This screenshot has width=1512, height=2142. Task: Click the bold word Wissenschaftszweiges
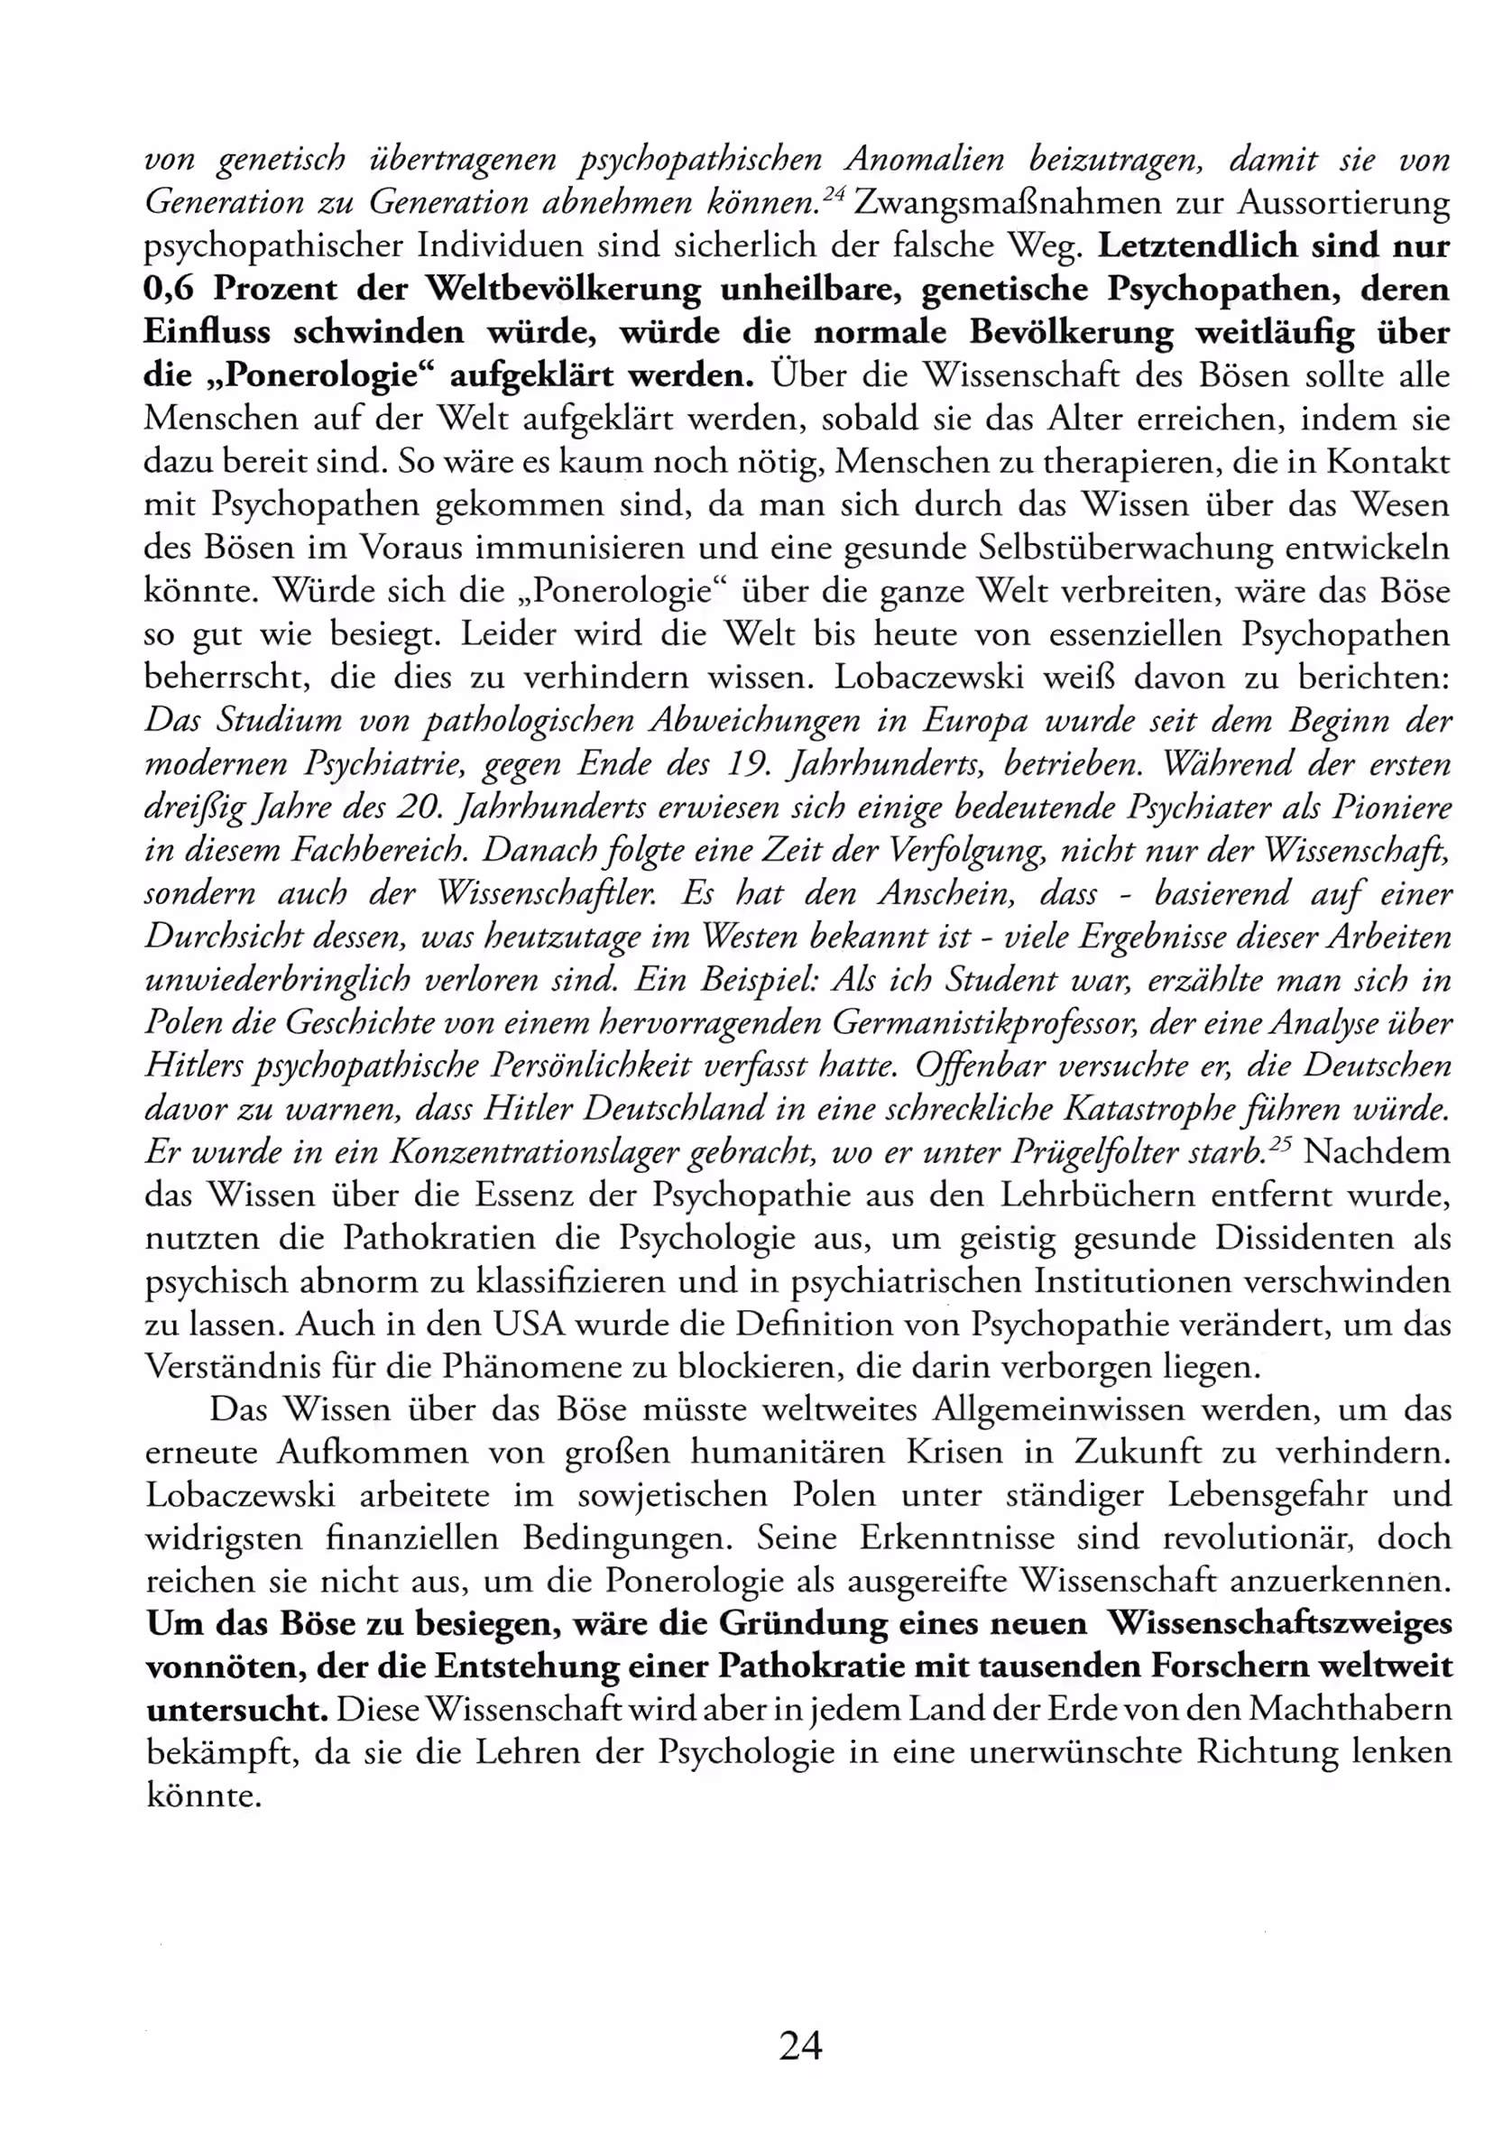(1279, 1624)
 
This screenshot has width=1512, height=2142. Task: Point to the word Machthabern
(1349, 1710)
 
